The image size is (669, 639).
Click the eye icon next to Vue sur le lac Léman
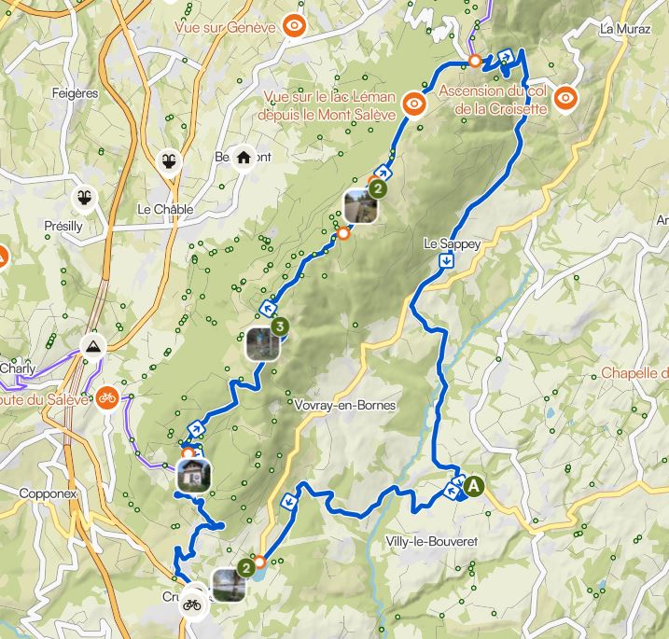click(x=414, y=104)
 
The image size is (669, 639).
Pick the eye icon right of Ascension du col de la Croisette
click(x=565, y=96)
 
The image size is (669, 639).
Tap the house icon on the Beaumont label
click(x=244, y=157)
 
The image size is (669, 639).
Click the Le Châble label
click(x=164, y=210)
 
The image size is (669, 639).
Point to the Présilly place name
click(x=63, y=226)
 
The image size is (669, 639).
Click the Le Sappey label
click(x=452, y=243)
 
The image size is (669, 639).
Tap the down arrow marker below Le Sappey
click(x=448, y=261)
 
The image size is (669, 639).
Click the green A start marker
click(x=474, y=486)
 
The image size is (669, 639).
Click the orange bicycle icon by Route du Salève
click(x=107, y=397)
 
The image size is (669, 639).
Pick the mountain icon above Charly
click(x=92, y=348)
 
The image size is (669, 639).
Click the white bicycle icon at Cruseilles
click(x=193, y=603)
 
